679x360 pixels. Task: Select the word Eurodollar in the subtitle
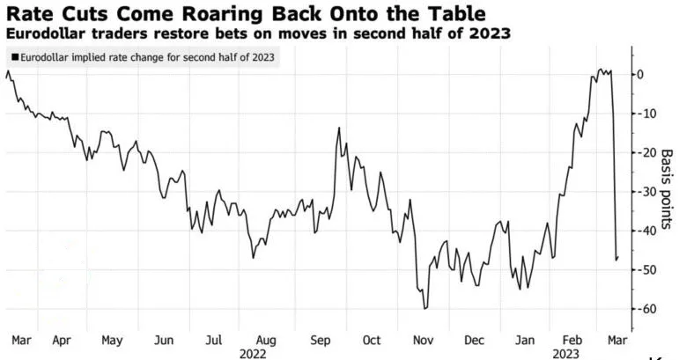click(42, 33)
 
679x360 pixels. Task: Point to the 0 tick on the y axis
click(644, 75)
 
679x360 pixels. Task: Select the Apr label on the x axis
click(62, 340)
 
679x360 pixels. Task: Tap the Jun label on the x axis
click(163, 340)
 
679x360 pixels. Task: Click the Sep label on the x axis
click(320, 340)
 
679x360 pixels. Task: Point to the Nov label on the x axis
click(424, 340)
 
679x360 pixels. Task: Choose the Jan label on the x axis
click(526, 340)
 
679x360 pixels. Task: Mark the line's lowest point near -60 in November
click(424, 309)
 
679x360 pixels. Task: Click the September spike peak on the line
click(339, 128)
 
